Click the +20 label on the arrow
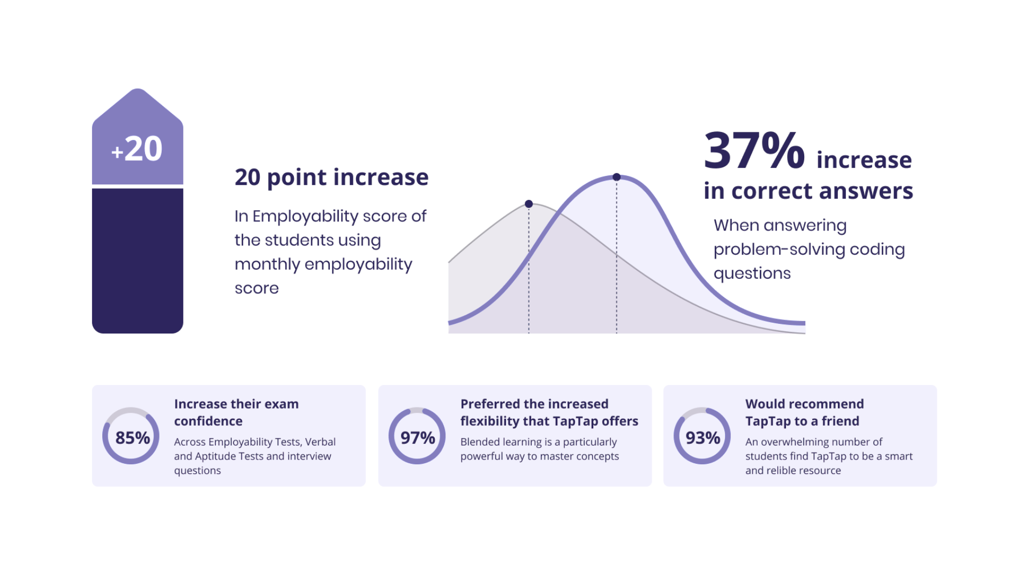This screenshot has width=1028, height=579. click(x=137, y=149)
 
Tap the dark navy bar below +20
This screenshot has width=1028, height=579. click(x=138, y=261)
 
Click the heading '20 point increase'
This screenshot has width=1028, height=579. click(x=331, y=177)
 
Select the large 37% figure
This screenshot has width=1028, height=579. click(x=754, y=151)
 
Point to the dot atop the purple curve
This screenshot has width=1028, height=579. click(x=617, y=177)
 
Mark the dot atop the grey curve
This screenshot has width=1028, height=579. click(x=529, y=204)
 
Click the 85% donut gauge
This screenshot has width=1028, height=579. click(x=131, y=461)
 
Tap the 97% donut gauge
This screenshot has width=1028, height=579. click(x=417, y=461)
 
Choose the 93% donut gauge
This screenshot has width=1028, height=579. click(x=702, y=461)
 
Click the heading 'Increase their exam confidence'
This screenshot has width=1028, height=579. click(x=236, y=412)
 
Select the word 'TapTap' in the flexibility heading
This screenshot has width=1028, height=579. click(x=575, y=421)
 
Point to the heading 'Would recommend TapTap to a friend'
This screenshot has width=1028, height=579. click(x=805, y=412)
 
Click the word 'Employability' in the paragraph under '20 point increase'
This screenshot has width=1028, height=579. click(x=305, y=217)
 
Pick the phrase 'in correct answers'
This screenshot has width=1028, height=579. click(x=808, y=191)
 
